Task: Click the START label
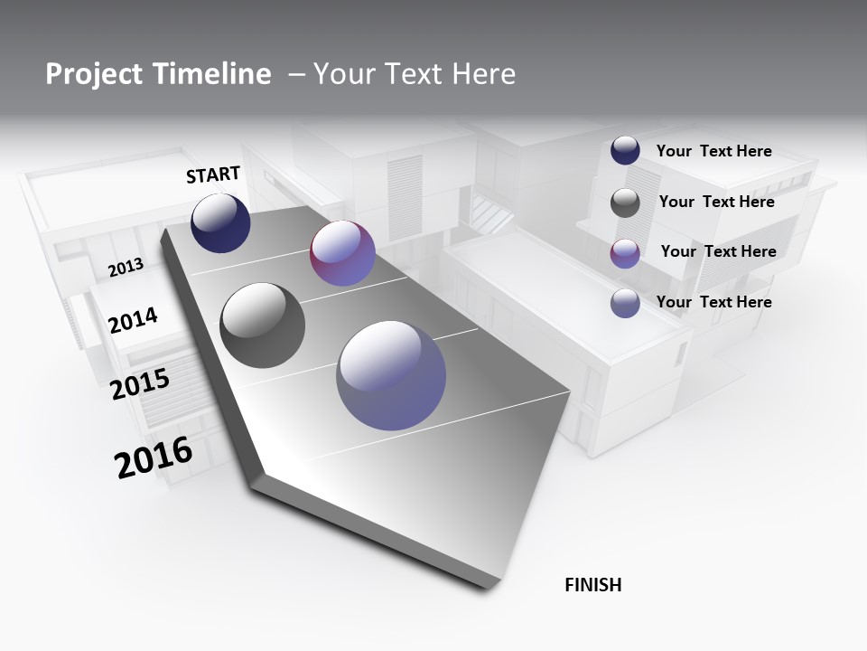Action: coord(213,175)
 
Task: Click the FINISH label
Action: coord(592,585)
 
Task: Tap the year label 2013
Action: coord(126,268)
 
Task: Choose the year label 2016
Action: coord(154,458)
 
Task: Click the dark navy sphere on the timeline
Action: coord(220,223)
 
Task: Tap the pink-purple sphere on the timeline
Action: coord(342,253)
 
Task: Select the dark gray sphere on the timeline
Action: coord(263,325)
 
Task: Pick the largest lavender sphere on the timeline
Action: coord(391,375)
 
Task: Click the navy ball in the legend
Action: coord(625,151)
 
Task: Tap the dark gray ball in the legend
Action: coord(625,203)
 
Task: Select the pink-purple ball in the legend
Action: coord(625,253)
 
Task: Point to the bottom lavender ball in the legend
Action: coord(625,303)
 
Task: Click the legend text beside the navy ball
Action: coord(713,151)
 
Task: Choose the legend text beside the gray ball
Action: coord(716,202)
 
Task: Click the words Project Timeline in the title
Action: coord(158,74)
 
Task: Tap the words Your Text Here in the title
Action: coord(415,74)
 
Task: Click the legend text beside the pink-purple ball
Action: coord(718,251)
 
